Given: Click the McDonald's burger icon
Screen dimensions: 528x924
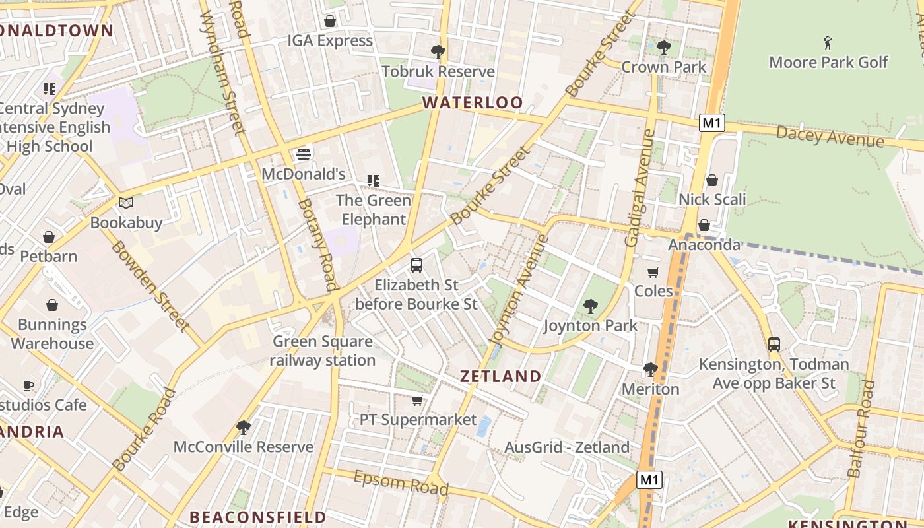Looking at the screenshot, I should [x=304, y=154].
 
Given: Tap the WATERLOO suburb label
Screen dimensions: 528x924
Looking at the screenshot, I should [x=473, y=102].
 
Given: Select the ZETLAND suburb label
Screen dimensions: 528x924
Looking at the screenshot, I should [x=500, y=376].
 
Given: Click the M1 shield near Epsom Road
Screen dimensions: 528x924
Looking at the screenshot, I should [x=649, y=480].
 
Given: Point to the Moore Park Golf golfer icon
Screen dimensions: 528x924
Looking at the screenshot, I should [x=828, y=44].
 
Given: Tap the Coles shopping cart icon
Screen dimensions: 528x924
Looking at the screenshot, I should [x=653, y=272].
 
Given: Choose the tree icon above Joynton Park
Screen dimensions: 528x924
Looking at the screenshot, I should [x=590, y=306].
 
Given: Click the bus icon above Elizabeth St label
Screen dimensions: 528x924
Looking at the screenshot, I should [x=416, y=265].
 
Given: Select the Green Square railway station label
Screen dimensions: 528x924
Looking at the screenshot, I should [x=323, y=351].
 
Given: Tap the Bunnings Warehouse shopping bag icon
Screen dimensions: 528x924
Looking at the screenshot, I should [x=52, y=305].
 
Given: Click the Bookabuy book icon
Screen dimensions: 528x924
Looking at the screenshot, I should [x=126, y=203].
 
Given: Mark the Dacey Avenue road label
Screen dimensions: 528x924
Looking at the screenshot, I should [x=830, y=137].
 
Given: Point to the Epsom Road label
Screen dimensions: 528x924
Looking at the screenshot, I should [x=401, y=483].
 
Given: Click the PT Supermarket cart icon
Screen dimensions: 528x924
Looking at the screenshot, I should [x=417, y=400].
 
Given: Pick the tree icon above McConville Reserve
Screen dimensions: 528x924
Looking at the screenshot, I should [x=244, y=428].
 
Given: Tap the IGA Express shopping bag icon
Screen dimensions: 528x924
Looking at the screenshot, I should [x=330, y=21].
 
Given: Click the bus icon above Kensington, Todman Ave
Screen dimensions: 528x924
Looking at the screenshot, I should [x=774, y=345].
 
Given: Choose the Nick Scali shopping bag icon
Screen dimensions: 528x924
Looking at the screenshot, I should [x=712, y=180].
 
